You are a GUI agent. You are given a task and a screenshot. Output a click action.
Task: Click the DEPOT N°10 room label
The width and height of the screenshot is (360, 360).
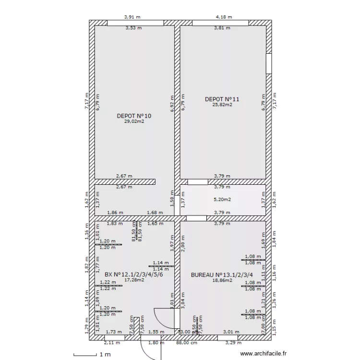click(134, 116)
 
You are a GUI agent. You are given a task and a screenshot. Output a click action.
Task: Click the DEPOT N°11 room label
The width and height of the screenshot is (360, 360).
click(222, 99)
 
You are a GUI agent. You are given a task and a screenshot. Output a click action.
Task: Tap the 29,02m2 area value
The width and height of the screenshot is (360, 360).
click(134, 121)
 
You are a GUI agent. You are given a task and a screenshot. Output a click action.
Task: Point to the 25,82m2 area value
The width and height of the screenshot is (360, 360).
click(222, 105)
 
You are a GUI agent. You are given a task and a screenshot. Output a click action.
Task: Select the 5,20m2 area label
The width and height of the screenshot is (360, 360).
click(222, 199)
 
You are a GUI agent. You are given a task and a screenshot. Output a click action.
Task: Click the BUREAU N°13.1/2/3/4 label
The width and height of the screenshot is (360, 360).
click(222, 275)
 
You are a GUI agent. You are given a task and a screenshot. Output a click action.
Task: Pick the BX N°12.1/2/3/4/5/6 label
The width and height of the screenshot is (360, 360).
click(134, 275)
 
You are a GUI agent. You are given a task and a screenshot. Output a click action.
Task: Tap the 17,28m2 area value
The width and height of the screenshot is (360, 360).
click(134, 280)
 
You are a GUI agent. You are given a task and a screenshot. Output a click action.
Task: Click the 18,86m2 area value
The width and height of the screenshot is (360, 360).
click(222, 280)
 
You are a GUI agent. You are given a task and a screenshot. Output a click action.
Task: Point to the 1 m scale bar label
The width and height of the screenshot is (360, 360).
click(105, 354)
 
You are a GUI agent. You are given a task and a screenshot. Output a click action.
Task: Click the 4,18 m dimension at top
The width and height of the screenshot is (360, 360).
click(224, 17)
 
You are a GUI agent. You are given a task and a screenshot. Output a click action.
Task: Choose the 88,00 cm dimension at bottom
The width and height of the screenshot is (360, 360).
click(187, 343)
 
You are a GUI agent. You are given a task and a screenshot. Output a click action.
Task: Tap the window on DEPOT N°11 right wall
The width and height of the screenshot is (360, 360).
click(269, 67)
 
